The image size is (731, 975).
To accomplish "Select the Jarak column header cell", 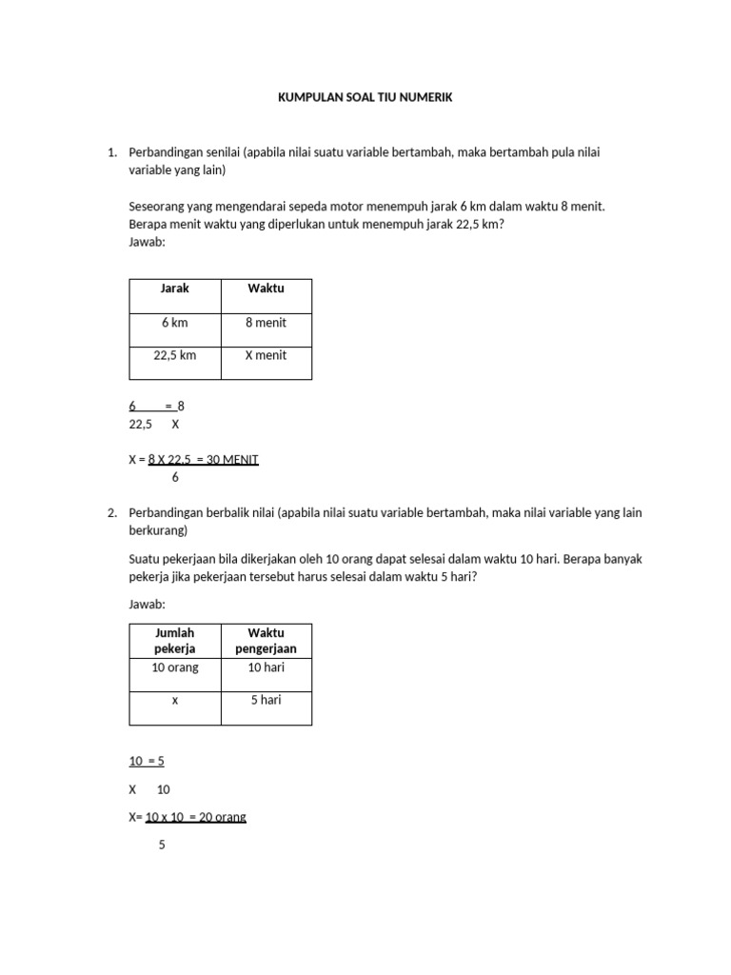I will [175, 289].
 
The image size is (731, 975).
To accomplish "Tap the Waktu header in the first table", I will [266, 289].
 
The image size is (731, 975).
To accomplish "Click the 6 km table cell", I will [175, 323].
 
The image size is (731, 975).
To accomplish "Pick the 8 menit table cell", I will [266, 323].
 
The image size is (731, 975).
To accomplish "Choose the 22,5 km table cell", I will [175, 355].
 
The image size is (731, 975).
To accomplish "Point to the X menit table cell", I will [266, 355].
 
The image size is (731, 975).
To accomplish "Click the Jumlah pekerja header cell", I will [174, 641].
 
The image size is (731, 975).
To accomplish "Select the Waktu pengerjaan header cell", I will [266, 641].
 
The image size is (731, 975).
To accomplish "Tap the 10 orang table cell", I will [175, 667].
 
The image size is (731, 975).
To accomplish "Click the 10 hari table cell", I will [266, 667].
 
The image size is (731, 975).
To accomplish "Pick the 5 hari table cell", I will [266, 700].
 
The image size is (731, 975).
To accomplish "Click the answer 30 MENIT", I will [232, 460].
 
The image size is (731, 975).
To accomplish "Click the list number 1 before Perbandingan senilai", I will [111, 152].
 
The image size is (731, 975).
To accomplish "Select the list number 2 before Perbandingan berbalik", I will [111, 512].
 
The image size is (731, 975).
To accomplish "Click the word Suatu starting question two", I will [144, 559].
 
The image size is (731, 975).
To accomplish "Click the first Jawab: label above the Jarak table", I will [147, 242].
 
